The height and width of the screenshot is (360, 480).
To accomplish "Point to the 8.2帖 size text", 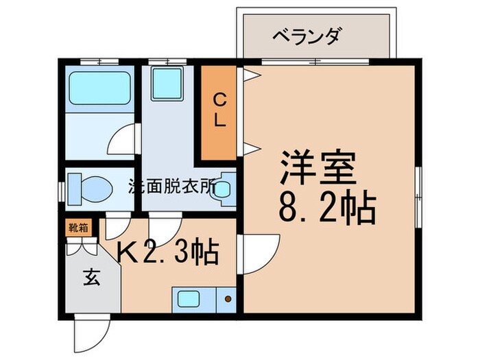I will point(327,208).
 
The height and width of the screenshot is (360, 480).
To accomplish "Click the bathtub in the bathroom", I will point(100,88).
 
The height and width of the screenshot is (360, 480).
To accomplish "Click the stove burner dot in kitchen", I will point(227,298).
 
